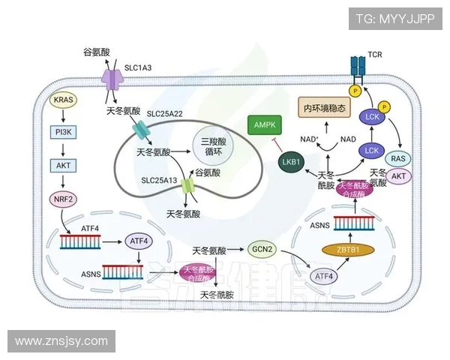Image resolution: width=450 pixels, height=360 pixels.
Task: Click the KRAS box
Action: click(63, 99)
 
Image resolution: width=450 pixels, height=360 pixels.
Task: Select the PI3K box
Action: click(63, 132)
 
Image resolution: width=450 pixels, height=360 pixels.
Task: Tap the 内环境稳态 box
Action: click(325, 108)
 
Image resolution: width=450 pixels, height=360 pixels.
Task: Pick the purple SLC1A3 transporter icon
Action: click(112, 78)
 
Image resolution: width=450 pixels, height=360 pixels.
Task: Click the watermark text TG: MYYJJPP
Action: click(394, 19)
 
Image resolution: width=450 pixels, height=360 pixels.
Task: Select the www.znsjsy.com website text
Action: click(61, 341)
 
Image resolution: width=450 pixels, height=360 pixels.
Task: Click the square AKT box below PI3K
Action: click(63, 165)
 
